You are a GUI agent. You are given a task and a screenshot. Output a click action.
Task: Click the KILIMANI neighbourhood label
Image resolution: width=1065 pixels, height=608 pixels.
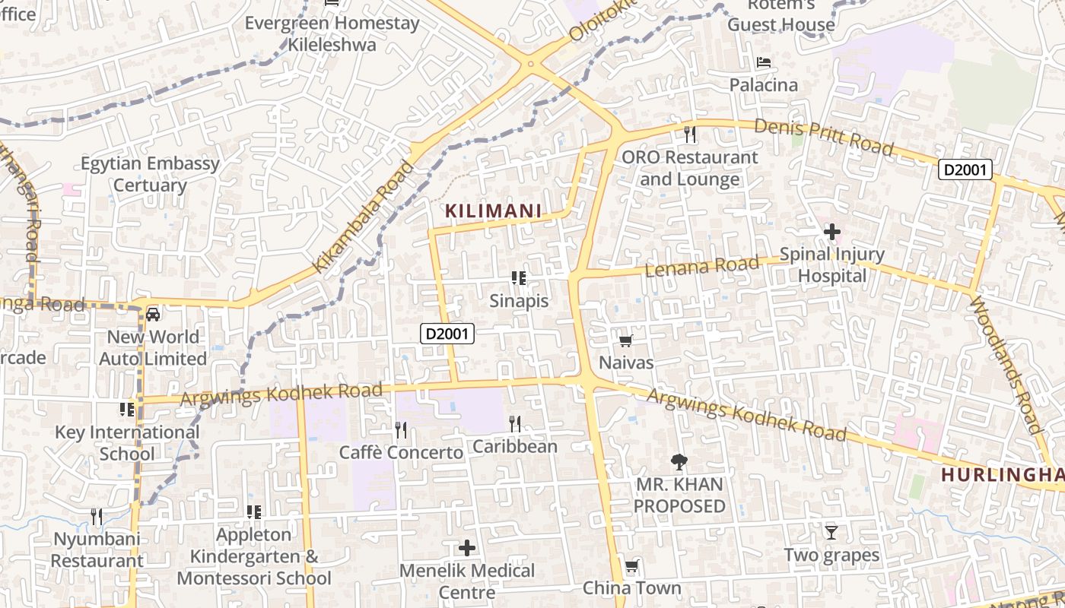pyautogui.click(x=493, y=211)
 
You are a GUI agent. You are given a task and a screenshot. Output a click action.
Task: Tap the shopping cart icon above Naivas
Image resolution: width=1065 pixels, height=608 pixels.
pyautogui.click(x=626, y=340)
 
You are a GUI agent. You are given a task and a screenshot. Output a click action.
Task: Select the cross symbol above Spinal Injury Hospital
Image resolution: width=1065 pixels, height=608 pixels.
pyautogui.click(x=831, y=231)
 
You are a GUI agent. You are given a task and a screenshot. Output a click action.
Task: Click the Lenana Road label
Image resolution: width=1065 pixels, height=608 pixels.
pyautogui.click(x=701, y=266)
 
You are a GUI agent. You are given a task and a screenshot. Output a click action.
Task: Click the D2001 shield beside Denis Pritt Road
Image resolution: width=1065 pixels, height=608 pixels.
pyautogui.click(x=965, y=169)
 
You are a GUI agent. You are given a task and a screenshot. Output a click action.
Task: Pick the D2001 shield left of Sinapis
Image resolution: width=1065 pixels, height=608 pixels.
pyautogui.click(x=448, y=333)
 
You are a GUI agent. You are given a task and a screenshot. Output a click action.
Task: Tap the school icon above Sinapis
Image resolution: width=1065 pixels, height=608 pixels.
pyautogui.click(x=519, y=278)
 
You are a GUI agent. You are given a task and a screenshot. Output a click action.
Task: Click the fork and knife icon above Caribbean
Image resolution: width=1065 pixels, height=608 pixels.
pyautogui.click(x=515, y=423)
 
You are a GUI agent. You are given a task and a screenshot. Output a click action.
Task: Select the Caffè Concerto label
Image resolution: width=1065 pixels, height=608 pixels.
pyautogui.click(x=401, y=453)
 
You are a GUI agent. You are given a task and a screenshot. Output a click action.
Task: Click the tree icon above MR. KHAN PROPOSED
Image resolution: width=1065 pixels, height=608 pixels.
pyautogui.click(x=679, y=461)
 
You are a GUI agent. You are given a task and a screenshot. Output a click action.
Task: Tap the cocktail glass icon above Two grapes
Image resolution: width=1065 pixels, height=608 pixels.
pyautogui.click(x=831, y=532)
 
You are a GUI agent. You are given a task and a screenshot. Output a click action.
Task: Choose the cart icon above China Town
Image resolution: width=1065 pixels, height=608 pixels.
pyautogui.click(x=631, y=566)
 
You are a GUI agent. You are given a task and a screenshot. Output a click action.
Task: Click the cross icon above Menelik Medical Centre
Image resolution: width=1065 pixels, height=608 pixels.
pyautogui.click(x=467, y=547)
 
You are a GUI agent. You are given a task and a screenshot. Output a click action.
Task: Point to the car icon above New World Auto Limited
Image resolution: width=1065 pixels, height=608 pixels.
pyautogui.click(x=153, y=314)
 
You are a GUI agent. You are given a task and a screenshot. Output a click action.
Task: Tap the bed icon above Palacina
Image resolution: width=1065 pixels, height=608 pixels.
pyautogui.click(x=764, y=62)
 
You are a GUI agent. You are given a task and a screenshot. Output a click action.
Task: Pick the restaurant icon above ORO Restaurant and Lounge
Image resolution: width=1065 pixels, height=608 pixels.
pyautogui.click(x=690, y=135)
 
